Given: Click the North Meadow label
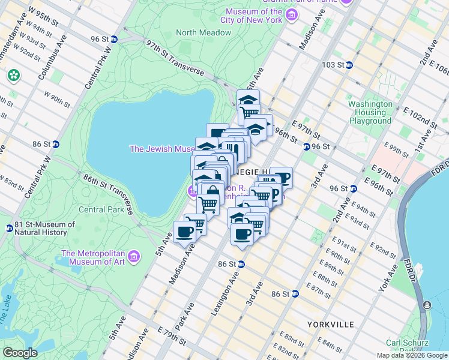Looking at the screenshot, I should tap(199, 32).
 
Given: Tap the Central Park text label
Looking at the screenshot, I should tap(101, 210).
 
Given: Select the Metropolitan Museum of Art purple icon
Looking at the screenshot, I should tap(134, 257).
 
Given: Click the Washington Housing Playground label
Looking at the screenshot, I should tap(370, 112).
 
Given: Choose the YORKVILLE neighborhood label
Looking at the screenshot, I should tap(330, 324).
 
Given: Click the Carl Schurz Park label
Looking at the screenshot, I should tap(406, 346).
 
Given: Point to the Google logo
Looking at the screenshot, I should tap(20, 353).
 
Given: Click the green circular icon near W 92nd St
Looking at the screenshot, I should tap(13, 76).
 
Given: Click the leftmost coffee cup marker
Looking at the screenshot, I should tap(184, 232).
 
